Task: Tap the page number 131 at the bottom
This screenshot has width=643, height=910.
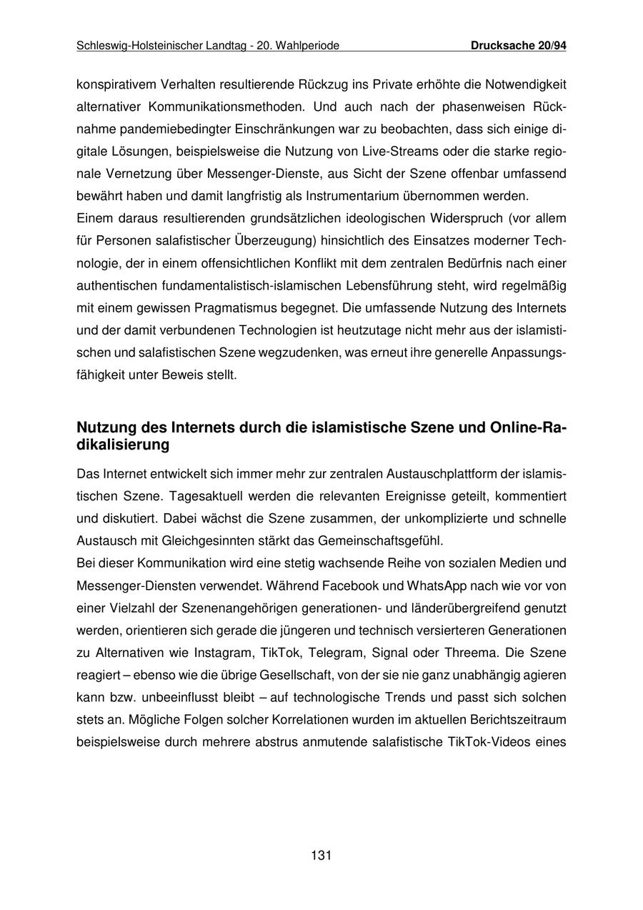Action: [321, 855]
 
